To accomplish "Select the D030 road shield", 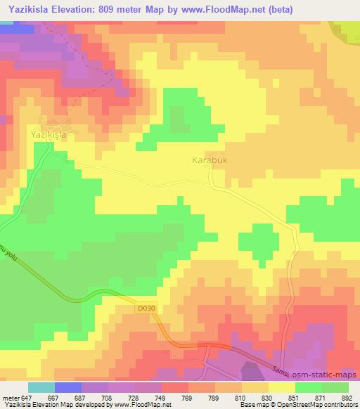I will click(x=144, y=308).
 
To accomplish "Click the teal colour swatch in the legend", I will click(x=42, y=387).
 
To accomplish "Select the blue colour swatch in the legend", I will click(x=68, y=387).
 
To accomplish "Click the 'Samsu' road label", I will click(x=283, y=372).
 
